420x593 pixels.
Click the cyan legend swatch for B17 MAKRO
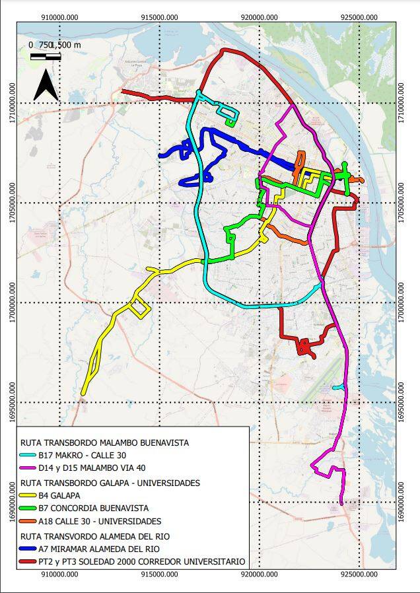click(28, 456)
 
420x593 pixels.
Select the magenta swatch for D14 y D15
click(28, 469)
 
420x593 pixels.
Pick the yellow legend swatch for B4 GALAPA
click(28, 495)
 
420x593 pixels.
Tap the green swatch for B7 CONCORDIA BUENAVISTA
click(28, 508)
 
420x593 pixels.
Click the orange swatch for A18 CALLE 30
click(28, 522)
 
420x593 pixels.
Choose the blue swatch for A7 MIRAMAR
click(28, 549)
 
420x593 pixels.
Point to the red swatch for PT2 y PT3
click(28, 562)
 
